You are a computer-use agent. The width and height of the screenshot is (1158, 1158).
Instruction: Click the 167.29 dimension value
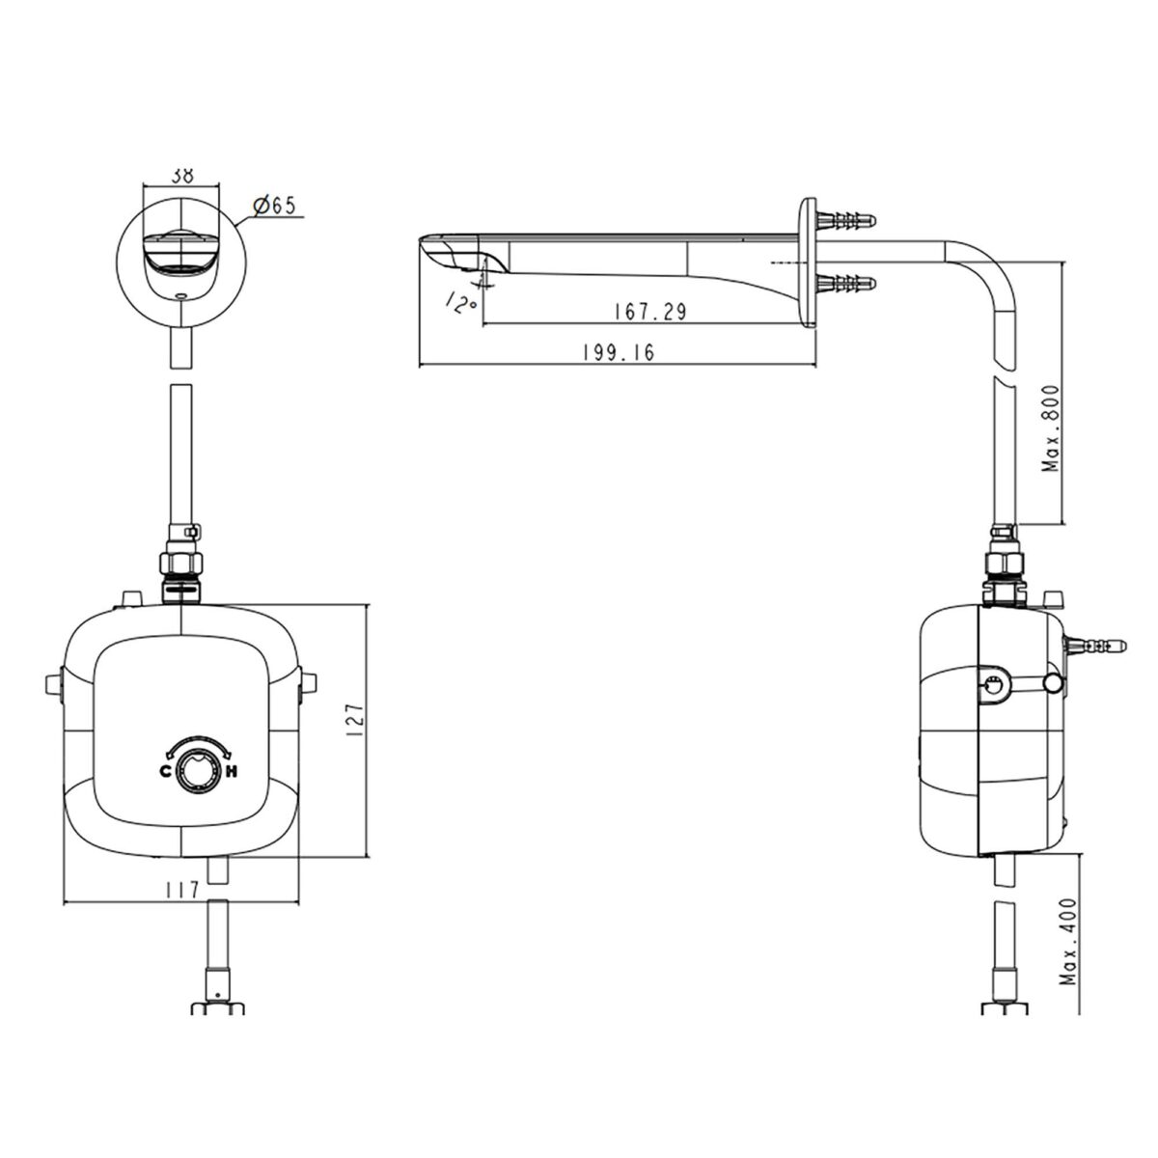coord(649,312)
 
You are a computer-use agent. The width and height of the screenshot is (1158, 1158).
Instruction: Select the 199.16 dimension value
coord(619,352)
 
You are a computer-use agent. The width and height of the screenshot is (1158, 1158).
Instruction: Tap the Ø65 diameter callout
coord(276,207)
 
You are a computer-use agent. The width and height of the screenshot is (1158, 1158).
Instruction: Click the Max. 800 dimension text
coord(1051,428)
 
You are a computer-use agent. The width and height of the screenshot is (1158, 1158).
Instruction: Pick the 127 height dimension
coord(355,721)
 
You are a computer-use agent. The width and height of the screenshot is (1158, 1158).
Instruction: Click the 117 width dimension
coord(181,890)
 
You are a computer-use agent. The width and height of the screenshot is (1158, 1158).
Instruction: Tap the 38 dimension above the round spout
coord(182,176)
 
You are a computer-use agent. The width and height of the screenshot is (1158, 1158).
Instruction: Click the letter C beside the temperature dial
coord(165,772)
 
